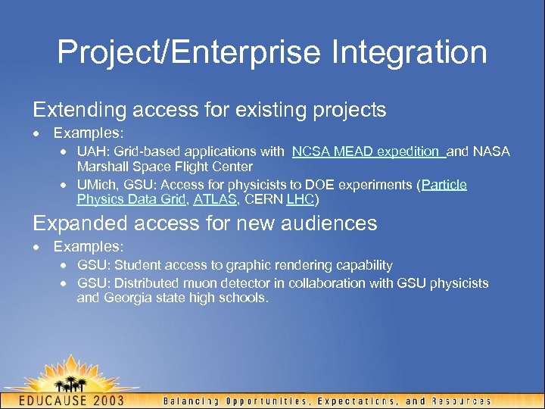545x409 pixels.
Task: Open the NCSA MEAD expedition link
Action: point(369,151)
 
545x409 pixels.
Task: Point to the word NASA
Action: point(493,151)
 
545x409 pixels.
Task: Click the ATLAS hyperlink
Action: point(216,200)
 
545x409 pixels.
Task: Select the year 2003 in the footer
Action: point(128,400)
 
